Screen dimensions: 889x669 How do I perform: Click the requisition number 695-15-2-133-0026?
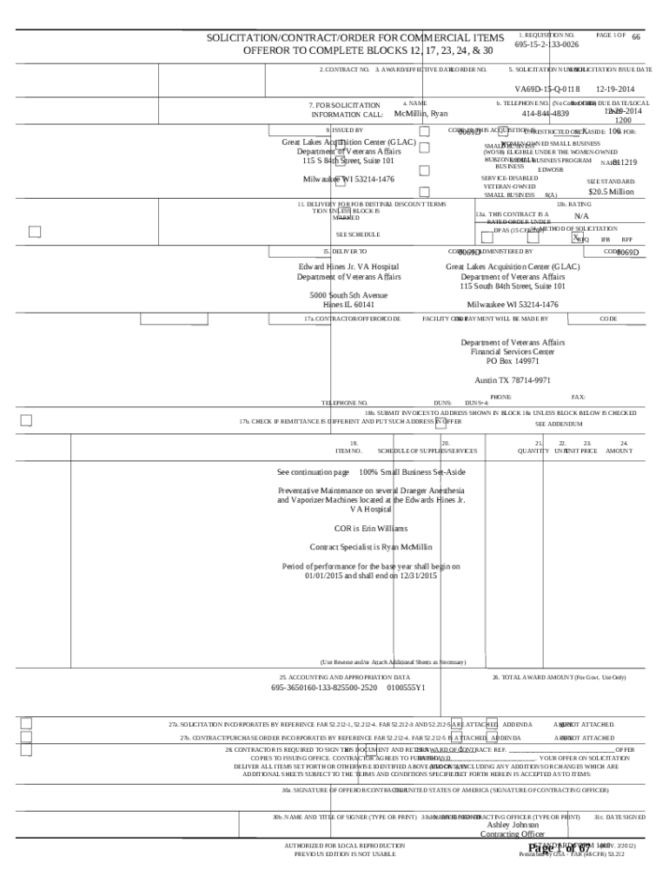tap(546, 44)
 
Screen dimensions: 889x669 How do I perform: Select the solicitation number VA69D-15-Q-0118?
tap(546, 89)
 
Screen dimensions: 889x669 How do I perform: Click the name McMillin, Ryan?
tap(421, 114)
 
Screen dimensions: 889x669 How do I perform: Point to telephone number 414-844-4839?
tap(546, 114)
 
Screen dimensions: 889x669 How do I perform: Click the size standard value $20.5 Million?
tap(610, 192)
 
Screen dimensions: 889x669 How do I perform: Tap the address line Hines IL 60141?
tap(349, 305)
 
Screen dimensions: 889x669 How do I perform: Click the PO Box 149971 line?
tap(513, 360)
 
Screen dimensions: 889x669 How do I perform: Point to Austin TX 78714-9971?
tap(513, 380)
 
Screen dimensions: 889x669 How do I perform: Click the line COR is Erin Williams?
tap(371, 528)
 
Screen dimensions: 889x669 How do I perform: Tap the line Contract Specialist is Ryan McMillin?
tap(371, 547)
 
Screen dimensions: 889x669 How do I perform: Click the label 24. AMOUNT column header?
tap(619, 447)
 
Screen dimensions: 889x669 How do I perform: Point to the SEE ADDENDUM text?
tap(558, 424)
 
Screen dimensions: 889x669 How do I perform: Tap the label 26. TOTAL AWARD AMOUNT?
tap(559, 676)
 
